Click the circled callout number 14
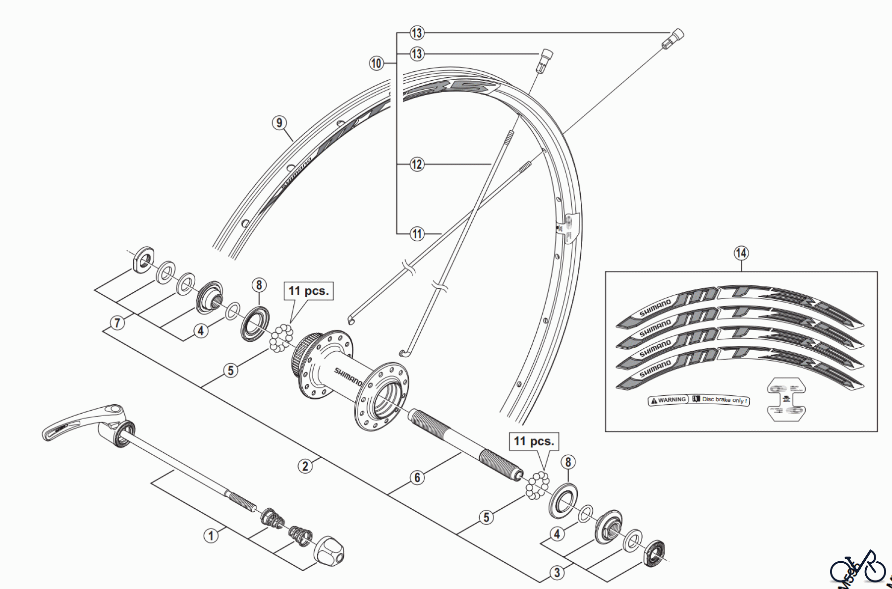(741, 253)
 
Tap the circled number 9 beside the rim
(279, 123)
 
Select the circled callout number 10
(376, 63)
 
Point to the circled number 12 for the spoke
(417, 164)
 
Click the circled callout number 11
(417, 233)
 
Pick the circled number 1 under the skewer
(211, 535)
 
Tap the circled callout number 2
(305, 466)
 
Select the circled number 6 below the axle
(417, 477)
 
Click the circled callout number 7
(117, 323)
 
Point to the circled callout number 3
(557, 573)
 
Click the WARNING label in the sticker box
(669, 400)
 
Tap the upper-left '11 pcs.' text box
(308, 291)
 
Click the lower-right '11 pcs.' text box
(534, 441)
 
